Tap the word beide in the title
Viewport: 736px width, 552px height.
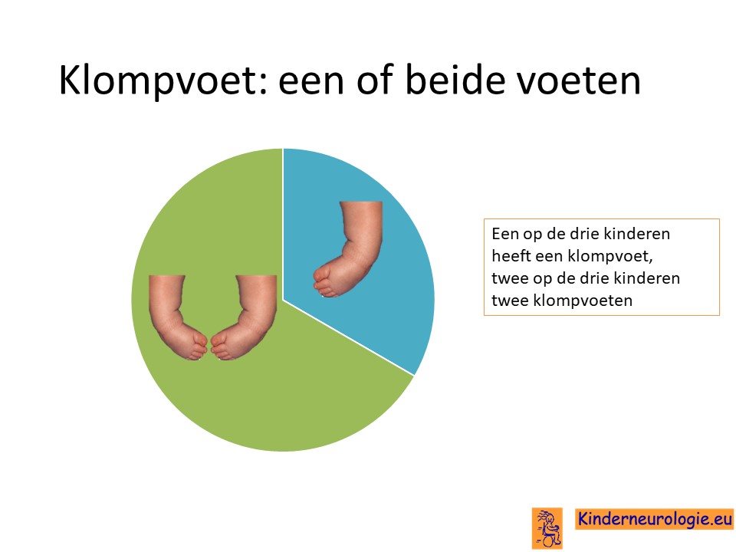pyautogui.click(x=455, y=80)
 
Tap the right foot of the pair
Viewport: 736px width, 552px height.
pyautogui.click(x=244, y=317)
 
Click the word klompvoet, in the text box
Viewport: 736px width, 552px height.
pyautogui.click(x=610, y=257)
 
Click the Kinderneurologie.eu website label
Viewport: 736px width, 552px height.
pyautogui.click(x=654, y=519)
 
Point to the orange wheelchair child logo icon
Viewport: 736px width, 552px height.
pyautogui.click(x=547, y=528)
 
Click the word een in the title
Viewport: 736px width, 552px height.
pyautogui.click(x=312, y=83)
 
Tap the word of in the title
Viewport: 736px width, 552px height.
pyautogui.click(x=375, y=80)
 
